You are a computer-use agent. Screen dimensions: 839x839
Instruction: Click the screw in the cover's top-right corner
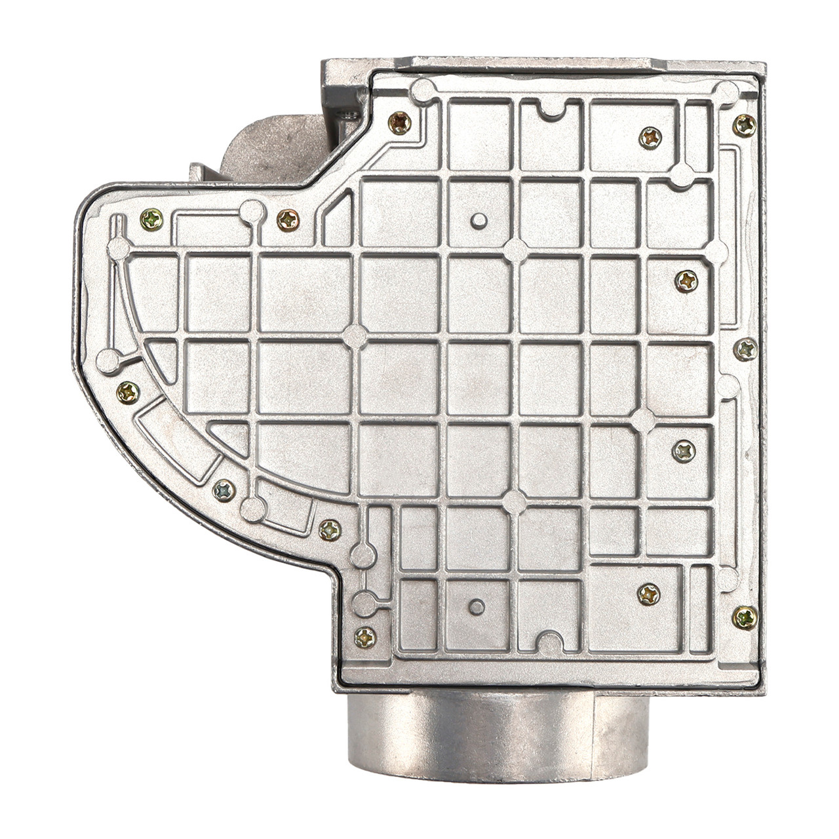click(x=744, y=125)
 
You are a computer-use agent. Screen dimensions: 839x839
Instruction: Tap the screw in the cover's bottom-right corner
click(x=745, y=616)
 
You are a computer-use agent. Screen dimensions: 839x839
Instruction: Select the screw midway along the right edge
click(x=745, y=349)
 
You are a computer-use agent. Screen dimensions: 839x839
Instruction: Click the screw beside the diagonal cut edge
click(x=400, y=123)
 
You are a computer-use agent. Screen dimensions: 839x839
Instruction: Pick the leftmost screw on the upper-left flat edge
click(x=151, y=220)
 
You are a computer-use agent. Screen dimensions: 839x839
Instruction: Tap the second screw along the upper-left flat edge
click(x=288, y=220)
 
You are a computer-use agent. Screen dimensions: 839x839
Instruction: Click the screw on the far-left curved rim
click(x=128, y=392)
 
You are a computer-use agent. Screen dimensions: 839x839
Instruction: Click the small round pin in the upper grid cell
click(x=480, y=220)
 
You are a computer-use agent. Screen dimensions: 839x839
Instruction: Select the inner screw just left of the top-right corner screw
click(x=650, y=137)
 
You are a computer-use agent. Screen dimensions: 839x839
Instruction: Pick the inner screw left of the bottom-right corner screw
click(x=649, y=594)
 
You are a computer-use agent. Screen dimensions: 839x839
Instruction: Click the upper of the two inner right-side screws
click(x=686, y=282)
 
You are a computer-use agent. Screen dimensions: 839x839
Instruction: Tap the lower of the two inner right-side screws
click(x=684, y=450)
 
